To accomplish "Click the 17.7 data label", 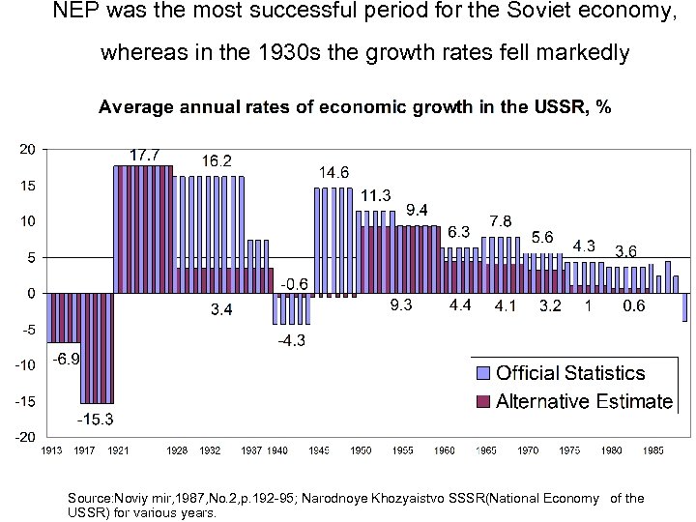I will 146,154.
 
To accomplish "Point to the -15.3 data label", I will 96,420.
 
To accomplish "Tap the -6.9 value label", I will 66,358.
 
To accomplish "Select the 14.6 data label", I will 333,172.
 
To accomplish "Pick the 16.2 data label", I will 217,159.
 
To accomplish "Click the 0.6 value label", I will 634,306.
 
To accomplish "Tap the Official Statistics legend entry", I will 569,373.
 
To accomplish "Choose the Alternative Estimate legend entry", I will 583,401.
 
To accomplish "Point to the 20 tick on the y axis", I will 27,149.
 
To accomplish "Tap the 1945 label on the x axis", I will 319,450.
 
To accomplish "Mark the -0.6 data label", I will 294,284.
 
